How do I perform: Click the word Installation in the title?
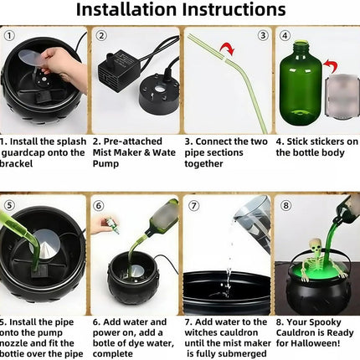click(x=126, y=9)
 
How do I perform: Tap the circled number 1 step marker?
click(x=9, y=36)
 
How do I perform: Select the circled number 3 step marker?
click(x=263, y=36)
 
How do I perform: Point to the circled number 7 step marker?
click(x=193, y=206)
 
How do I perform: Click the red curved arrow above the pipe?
click(x=228, y=48)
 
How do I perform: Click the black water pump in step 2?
click(x=119, y=69)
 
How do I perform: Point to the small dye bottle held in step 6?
click(x=114, y=225)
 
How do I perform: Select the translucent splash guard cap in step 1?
click(x=31, y=57)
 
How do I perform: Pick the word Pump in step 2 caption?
click(x=105, y=163)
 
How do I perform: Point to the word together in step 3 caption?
click(x=203, y=163)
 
